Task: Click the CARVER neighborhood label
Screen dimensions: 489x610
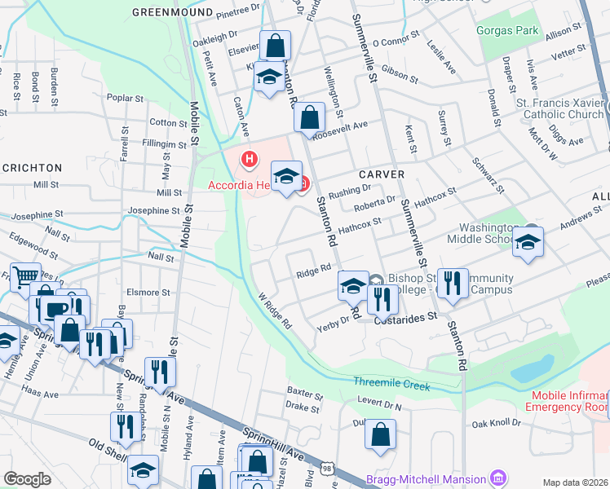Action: coord(380,175)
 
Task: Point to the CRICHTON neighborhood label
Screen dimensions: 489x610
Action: coord(32,168)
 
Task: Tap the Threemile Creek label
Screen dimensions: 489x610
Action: coord(391,384)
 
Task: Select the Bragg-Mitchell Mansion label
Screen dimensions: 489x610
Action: coord(426,479)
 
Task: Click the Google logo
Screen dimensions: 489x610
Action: coord(27,479)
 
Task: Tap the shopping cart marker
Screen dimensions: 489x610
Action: coord(24,276)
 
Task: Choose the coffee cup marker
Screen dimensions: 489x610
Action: coord(56,309)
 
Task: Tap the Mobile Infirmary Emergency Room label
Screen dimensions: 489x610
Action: coord(569,401)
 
